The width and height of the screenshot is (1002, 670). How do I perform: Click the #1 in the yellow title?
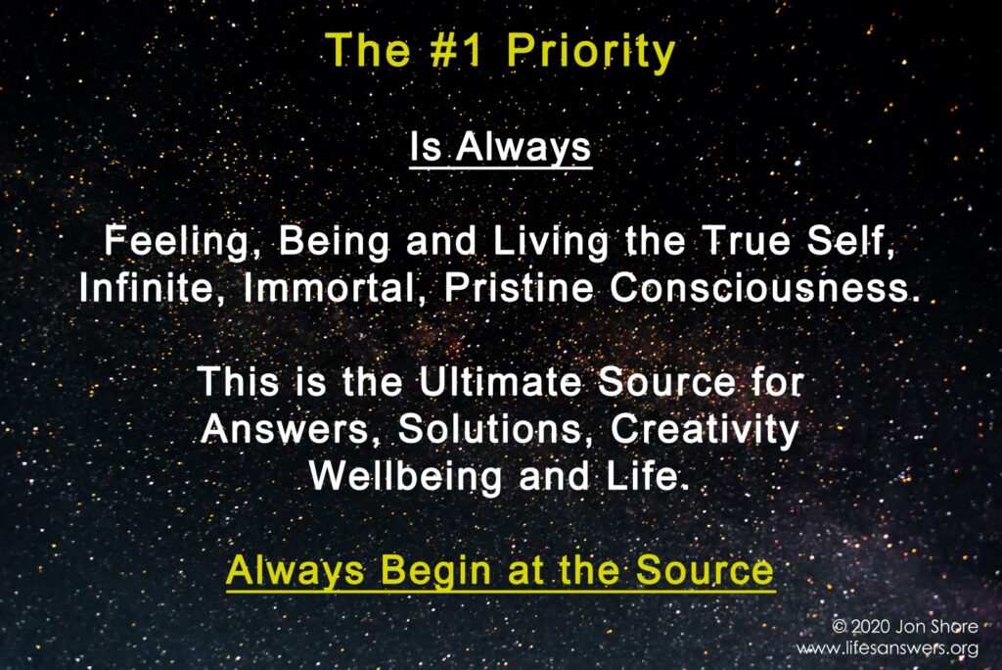[457, 50]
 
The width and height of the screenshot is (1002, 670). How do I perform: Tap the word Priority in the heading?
[591, 53]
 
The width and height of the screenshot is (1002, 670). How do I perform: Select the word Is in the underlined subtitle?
[426, 147]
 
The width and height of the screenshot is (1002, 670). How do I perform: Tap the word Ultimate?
[500, 382]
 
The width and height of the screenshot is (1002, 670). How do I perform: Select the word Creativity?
[705, 430]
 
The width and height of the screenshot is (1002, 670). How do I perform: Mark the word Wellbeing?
[405, 478]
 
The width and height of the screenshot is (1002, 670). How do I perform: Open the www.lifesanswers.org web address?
[888, 648]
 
